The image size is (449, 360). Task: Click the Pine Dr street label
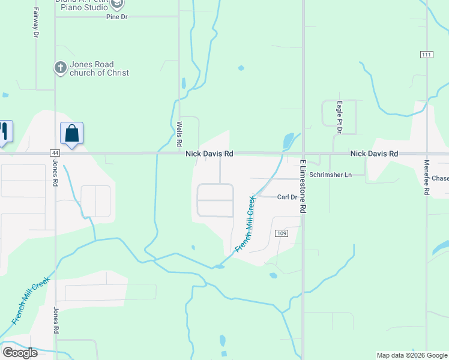tap(117, 17)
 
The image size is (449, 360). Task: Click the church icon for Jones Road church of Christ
tap(60, 68)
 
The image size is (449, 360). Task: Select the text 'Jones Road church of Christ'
tap(99, 68)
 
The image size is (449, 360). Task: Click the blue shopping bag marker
tap(71, 134)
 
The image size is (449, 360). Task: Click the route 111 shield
tap(426, 55)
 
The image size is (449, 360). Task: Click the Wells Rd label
tap(179, 134)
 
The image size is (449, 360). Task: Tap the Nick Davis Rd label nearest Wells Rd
tap(209, 154)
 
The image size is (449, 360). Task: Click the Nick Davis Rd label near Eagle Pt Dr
tap(374, 154)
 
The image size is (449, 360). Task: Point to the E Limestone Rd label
tap(303, 185)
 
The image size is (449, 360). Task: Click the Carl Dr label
tap(288, 197)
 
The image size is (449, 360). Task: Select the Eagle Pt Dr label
tap(339, 113)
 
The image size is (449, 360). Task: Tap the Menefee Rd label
tap(427, 177)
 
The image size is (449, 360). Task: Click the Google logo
tap(20, 352)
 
